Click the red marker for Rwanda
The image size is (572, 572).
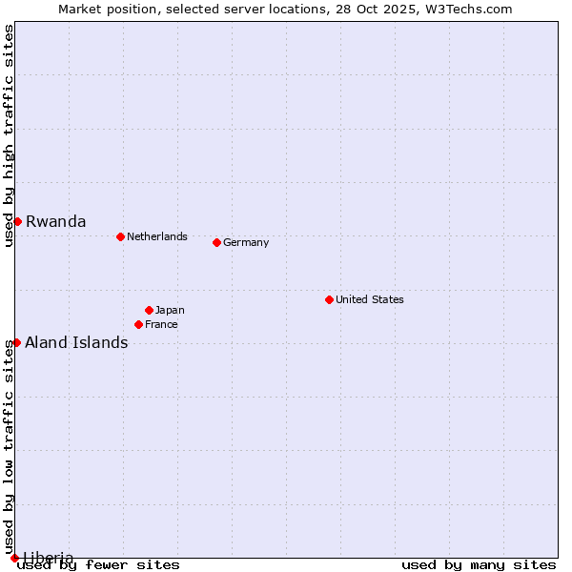[17, 221]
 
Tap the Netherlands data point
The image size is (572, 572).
[120, 236]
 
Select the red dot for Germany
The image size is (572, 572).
[216, 242]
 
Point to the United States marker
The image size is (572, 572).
[329, 299]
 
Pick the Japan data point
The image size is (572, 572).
[149, 310]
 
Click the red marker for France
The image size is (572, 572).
[138, 324]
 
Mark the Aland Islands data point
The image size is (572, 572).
[16, 342]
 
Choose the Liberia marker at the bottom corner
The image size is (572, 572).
[14, 558]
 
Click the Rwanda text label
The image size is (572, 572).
[55, 221]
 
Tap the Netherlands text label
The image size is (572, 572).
[157, 236]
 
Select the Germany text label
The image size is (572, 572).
[246, 242]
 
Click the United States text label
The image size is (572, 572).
[370, 299]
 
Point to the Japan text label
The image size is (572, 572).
[170, 310]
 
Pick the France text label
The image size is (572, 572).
[161, 324]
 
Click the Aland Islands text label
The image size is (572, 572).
[76, 342]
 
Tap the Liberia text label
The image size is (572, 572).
[48, 557]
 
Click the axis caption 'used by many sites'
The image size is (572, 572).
[479, 565]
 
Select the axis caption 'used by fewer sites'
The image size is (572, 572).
[99, 565]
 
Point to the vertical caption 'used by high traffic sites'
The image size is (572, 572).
[9, 135]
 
